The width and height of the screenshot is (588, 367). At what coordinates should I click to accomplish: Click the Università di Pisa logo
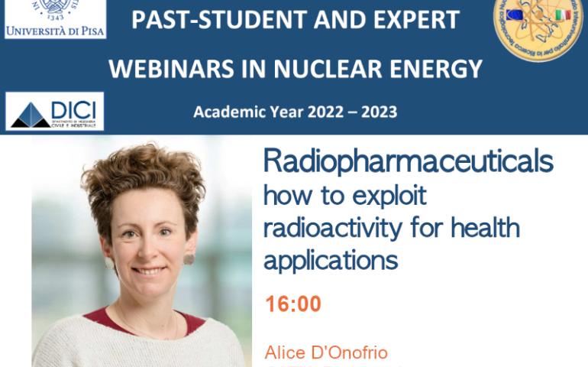tap(55, 19)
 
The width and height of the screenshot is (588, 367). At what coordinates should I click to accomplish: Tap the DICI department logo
tap(55, 112)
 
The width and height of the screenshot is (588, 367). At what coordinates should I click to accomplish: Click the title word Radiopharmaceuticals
tap(408, 162)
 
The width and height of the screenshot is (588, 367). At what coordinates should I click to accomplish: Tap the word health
tap(485, 228)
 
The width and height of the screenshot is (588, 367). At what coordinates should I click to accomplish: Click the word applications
tap(331, 261)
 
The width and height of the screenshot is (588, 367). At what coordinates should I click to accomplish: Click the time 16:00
tap(293, 304)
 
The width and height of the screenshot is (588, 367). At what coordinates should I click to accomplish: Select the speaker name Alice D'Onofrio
tap(326, 352)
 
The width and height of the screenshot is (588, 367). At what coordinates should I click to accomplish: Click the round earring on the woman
tap(188, 259)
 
